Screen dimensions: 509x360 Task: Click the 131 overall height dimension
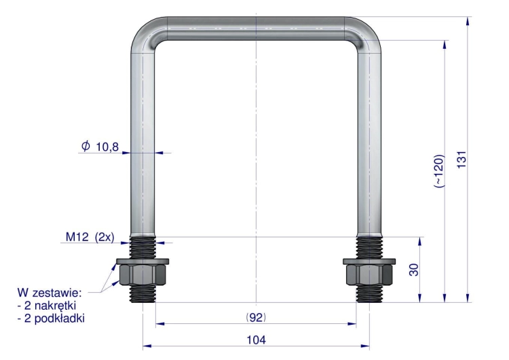[461, 160]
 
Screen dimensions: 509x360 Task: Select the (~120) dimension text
[438, 171]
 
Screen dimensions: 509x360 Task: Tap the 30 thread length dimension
[414, 270]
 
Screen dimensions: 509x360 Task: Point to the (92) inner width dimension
[256, 317]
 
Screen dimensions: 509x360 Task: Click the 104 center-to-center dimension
[256, 340]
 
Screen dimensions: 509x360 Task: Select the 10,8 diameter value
[107, 147]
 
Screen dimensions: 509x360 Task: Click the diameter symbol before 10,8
[86, 146]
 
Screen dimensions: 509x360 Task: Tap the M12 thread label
[77, 237]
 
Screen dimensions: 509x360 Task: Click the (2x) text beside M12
[105, 237]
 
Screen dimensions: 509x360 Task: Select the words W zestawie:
[50, 293]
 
